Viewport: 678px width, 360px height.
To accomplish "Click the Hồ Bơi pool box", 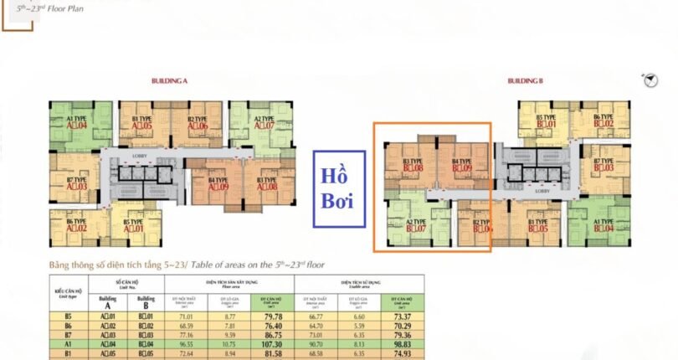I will click(x=339, y=189).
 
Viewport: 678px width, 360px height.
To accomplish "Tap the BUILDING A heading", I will click(x=169, y=81).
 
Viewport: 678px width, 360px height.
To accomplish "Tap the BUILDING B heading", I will click(x=525, y=81).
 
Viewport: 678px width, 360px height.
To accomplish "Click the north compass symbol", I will click(x=648, y=80).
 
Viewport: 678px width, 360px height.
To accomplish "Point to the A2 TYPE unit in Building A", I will click(x=265, y=122).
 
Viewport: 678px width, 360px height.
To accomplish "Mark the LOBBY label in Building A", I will click(x=140, y=157).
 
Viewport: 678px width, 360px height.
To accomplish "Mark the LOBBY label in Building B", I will click(x=542, y=190).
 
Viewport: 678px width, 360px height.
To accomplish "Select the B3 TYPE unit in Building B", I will click(x=413, y=164).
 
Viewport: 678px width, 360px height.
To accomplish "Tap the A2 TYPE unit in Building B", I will click(x=416, y=224).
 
